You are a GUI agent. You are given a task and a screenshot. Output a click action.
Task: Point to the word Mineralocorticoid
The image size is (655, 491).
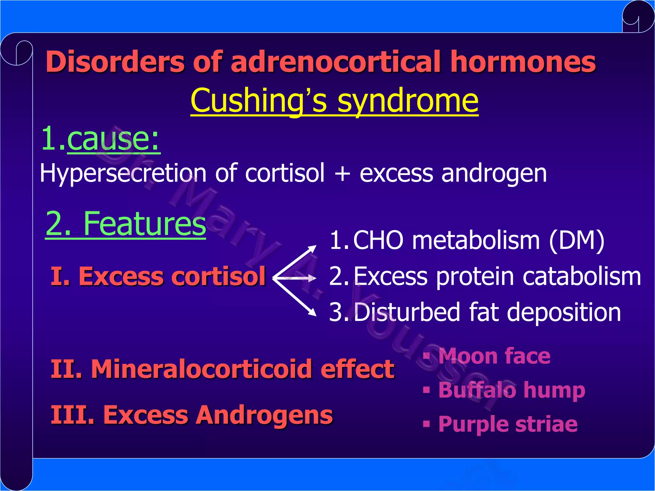(201, 369)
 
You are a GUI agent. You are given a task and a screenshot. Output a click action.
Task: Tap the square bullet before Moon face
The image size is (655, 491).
(426, 355)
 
